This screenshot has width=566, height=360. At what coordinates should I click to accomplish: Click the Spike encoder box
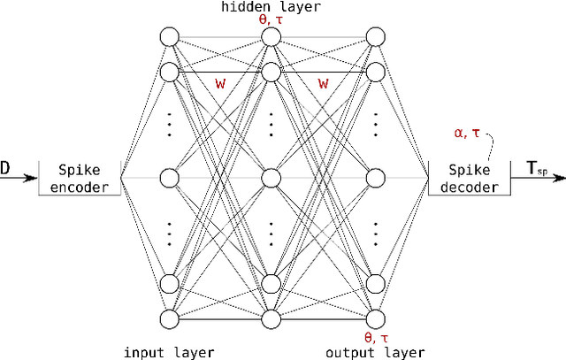pyautogui.click(x=80, y=177)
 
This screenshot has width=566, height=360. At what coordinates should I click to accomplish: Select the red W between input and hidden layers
pyautogui.click(x=221, y=84)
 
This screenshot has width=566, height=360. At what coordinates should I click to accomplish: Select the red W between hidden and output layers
pyautogui.click(x=324, y=84)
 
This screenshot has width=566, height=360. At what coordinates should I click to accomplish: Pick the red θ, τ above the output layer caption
pyautogui.click(x=375, y=338)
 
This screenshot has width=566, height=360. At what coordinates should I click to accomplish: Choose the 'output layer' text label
pyautogui.click(x=375, y=352)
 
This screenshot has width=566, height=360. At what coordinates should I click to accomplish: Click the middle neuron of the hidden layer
pyautogui.click(x=272, y=178)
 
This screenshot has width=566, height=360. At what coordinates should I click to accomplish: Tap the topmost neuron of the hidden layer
pyautogui.click(x=272, y=36)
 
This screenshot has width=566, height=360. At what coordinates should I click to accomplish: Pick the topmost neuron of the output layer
pyautogui.click(x=375, y=36)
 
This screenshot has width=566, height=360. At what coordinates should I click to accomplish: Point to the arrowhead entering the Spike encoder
pyautogui.click(x=34, y=178)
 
